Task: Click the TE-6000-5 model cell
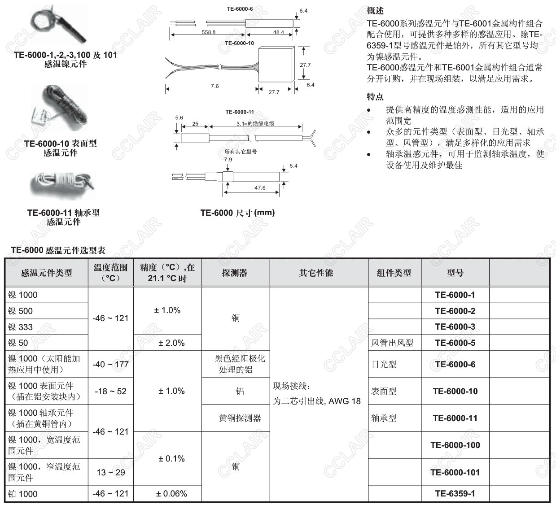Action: click(x=455, y=343)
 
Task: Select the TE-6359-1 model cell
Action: click(x=455, y=494)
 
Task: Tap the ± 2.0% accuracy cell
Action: click(x=171, y=343)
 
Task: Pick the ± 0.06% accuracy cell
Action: click(x=171, y=494)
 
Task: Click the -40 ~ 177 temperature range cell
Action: click(x=111, y=364)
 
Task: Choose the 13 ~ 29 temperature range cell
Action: click(x=111, y=472)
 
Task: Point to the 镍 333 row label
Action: click(x=21, y=327)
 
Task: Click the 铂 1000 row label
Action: click(x=23, y=494)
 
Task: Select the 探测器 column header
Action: click(x=235, y=273)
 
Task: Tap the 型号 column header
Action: click(x=455, y=273)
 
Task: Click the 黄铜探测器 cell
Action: click(x=240, y=418)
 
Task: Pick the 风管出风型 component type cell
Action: click(x=392, y=343)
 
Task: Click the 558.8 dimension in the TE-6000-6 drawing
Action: click(x=208, y=32)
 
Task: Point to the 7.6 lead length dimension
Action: click(x=215, y=86)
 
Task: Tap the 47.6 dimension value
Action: click(x=260, y=188)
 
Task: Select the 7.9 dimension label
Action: click(x=228, y=159)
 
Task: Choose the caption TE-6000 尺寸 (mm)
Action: click(x=237, y=213)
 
